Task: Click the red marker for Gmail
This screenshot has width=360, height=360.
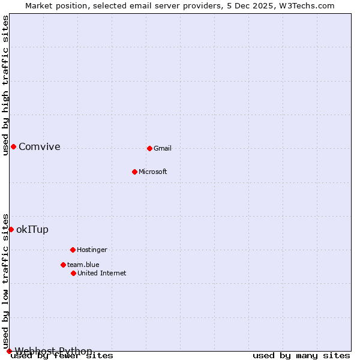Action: coord(149,148)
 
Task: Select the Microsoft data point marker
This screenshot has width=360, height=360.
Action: coord(134,172)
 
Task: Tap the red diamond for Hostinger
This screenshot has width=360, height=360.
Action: coord(73,250)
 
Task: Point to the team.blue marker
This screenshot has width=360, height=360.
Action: coord(63,265)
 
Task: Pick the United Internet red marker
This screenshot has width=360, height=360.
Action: coord(73,273)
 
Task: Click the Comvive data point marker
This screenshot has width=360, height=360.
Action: coord(13,146)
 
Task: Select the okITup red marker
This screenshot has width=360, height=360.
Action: coord(11,229)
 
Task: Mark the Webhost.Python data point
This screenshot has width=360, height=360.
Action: coord(9,351)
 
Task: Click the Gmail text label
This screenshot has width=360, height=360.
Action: coord(163,148)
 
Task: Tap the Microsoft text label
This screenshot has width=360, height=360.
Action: coord(153,172)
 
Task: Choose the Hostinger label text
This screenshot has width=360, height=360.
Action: coord(92,250)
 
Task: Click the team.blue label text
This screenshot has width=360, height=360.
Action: coord(83,265)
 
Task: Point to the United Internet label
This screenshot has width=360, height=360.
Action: coord(102,273)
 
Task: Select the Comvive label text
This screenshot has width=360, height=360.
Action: coord(40,146)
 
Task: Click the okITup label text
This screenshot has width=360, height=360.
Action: coord(32,229)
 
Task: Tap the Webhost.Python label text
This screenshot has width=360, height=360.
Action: coord(53,351)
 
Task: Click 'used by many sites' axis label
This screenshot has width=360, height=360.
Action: coord(301,355)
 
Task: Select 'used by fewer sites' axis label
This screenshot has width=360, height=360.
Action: coord(62,355)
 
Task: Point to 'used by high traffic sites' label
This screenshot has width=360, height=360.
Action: coord(5,85)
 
